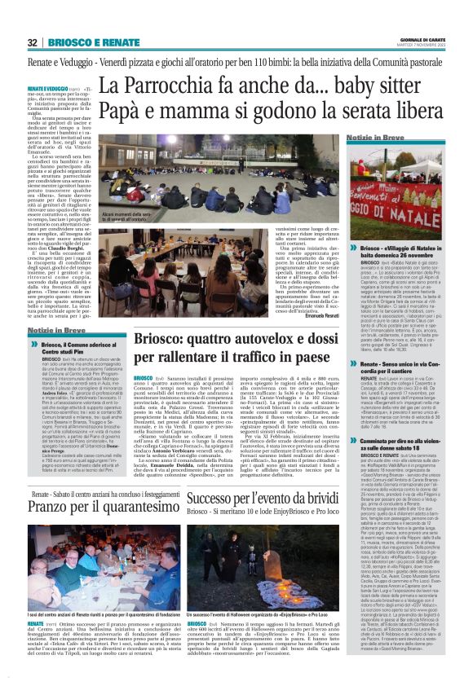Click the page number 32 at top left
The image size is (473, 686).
click(33, 42)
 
